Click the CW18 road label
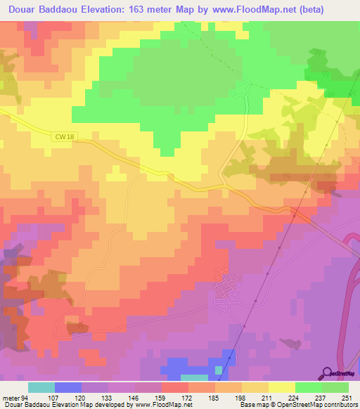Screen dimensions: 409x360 click(61, 137)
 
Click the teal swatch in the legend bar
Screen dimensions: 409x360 click(41, 387)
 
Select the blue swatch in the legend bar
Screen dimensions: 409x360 click(67, 387)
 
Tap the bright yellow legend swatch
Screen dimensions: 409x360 click(281, 387)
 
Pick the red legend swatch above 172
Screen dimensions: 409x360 click(175, 387)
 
